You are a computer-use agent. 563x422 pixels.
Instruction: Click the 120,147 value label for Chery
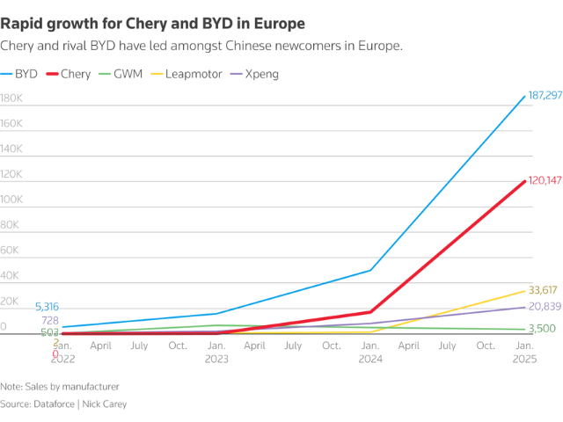click(545, 179)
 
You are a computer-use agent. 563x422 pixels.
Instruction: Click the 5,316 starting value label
click(47, 307)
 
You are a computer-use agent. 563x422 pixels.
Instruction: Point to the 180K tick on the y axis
click(11, 99)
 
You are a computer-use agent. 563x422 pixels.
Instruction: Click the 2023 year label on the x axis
click(216, 360)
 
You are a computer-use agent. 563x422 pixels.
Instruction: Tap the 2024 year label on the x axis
click(370, 360)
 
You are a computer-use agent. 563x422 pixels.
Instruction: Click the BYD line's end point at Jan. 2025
click(525, 95)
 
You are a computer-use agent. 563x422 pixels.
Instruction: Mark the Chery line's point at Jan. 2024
click(370, 312)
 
